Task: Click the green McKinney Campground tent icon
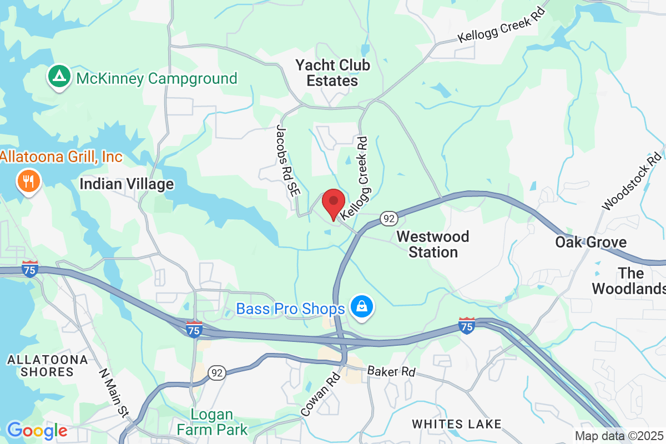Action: pos(58,78)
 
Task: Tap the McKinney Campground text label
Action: pos(157,78)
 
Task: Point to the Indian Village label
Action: pos(127,184)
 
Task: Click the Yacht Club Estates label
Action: pos(332,73)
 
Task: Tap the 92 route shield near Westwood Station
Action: pos(388,218)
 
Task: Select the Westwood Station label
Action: pos(433,244)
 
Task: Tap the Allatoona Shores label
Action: pos(47,366)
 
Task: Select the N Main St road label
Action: pos(114,393)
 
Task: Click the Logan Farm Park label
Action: pos(212,422)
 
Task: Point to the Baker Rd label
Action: pos(391,371)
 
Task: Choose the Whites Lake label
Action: pos(456,424)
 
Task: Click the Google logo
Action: pos(37,430)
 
